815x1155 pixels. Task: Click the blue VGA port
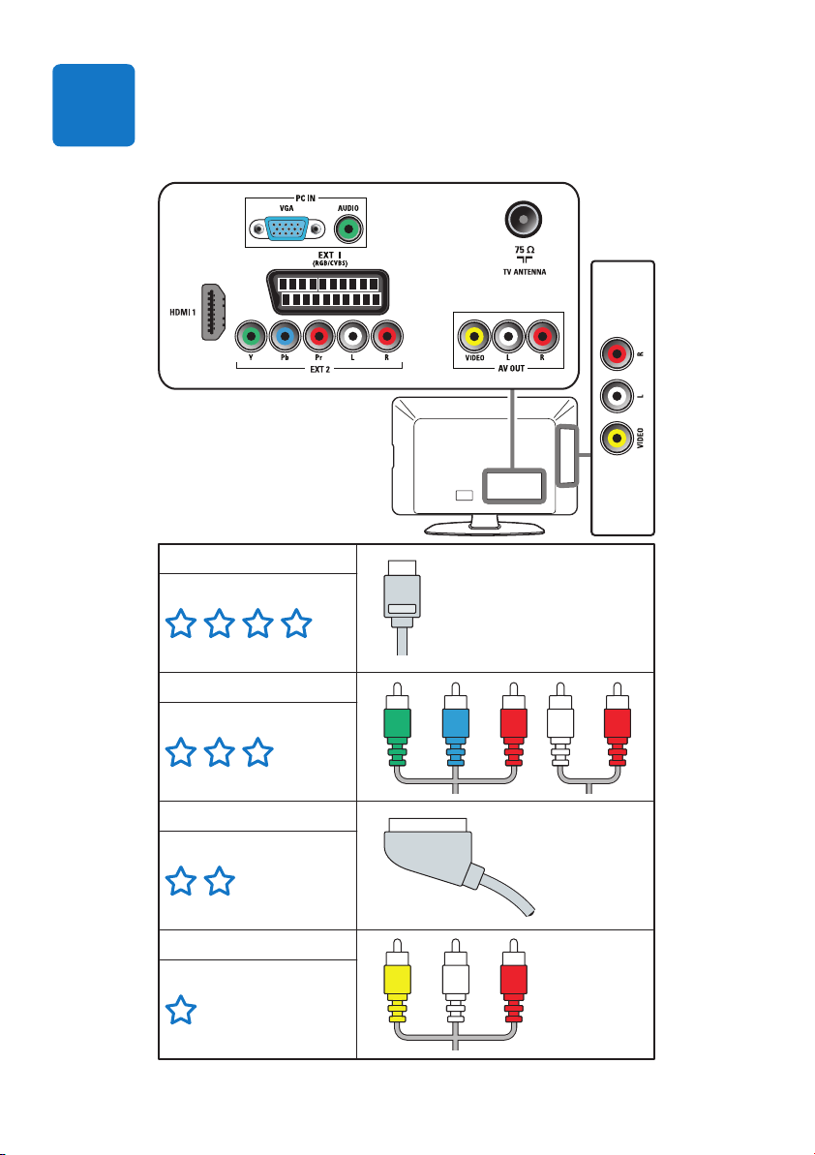[x=287, y=229]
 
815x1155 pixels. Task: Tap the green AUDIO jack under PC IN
[x=348, y=229]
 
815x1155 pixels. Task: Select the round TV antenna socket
[x=524, y=220]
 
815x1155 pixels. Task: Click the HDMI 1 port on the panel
[x=214, y=312]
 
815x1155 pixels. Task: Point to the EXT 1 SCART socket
[x=326, y=291]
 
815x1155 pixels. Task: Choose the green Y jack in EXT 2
[x=251, y=337]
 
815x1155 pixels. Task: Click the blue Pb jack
[x=285, y=337]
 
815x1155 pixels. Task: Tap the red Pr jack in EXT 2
[x=318, y=337]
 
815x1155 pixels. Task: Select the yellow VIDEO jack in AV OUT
[x=474, y=337]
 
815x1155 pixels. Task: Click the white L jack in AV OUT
[x=508, y=337]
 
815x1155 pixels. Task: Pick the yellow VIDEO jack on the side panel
[x=617, y=439]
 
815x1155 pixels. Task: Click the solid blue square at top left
[x=94, y=105]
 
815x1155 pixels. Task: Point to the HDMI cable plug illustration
[x=402, y=607]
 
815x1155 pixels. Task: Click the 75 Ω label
[x=525, y=250]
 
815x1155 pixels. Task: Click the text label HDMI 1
[x=183, y=313]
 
